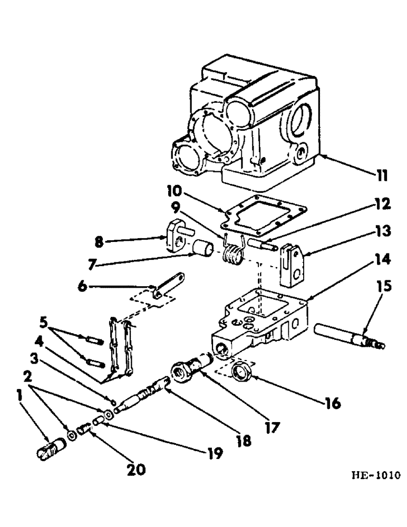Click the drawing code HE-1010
374,472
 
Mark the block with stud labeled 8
177,237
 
